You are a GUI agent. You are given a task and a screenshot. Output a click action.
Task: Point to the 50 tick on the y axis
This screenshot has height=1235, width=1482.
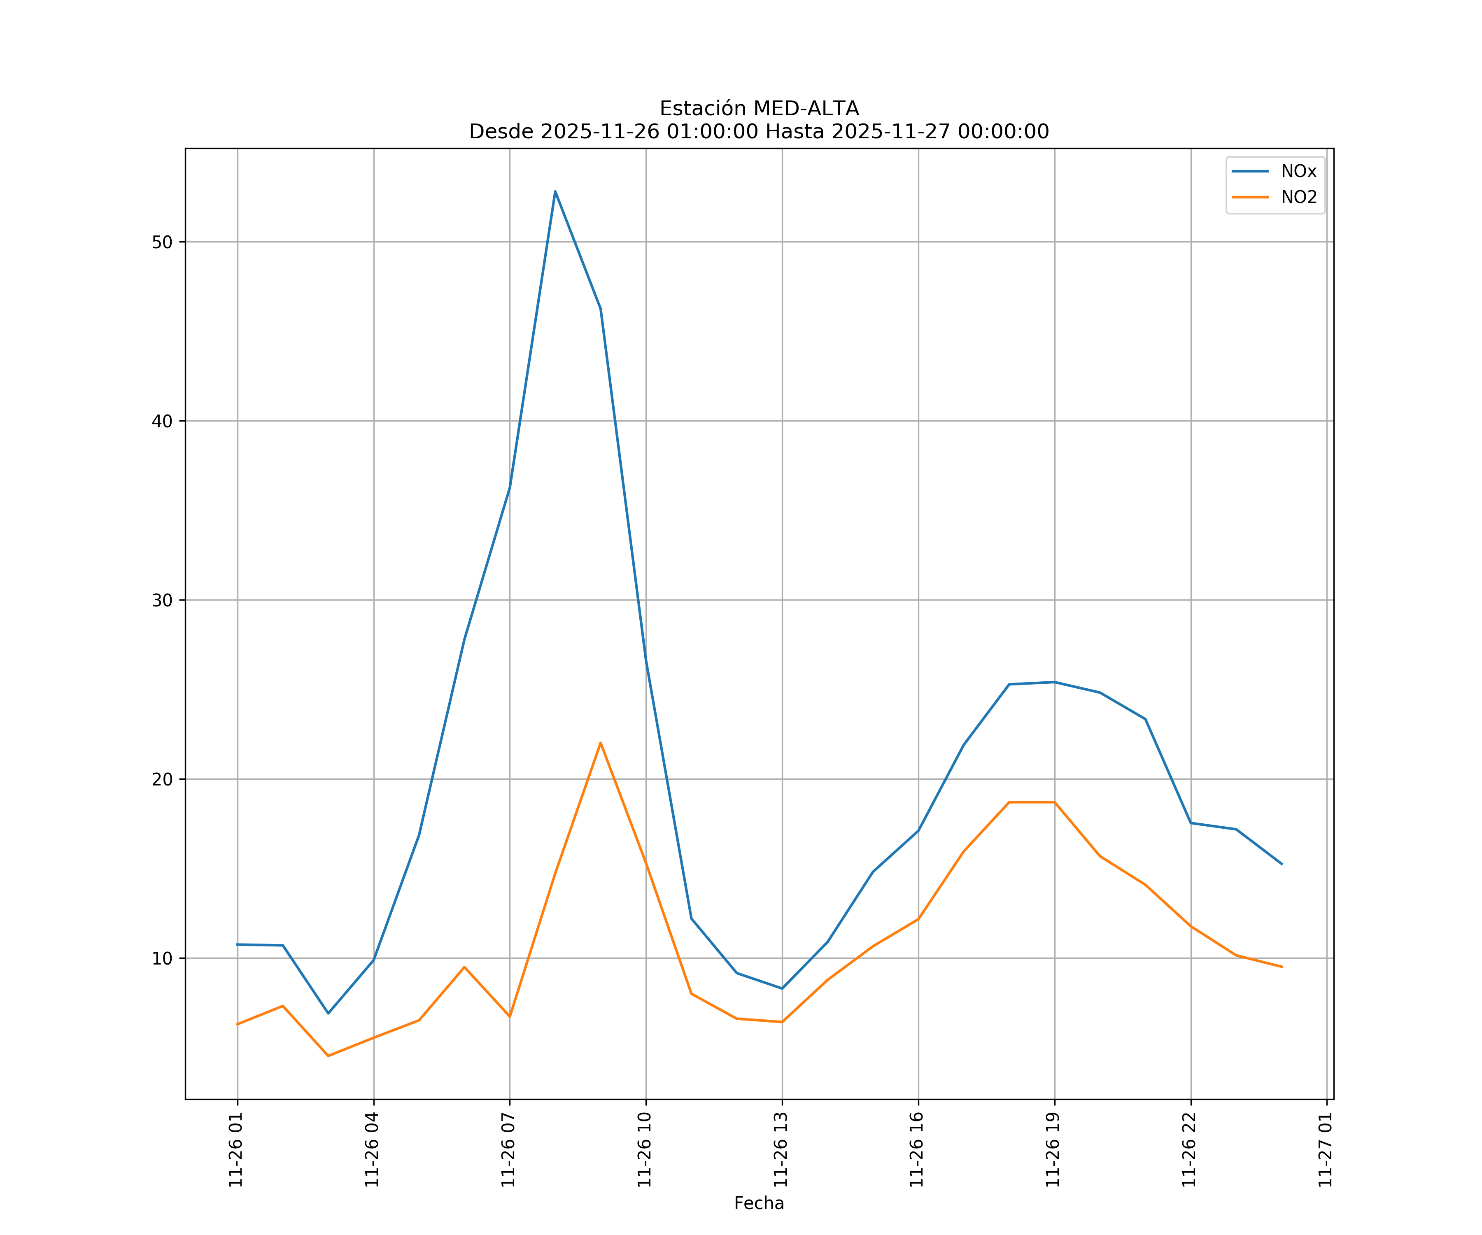coord(162,242)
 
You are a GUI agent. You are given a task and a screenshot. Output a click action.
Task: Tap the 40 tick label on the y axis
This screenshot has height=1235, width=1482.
coord(162,421)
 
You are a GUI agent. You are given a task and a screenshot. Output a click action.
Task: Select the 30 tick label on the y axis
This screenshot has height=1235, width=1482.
coord(162,601)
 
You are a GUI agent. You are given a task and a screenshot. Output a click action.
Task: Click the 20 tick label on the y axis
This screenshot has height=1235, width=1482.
coord(162,779)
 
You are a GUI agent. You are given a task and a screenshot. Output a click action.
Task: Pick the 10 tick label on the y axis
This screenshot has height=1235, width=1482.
coord(162,958)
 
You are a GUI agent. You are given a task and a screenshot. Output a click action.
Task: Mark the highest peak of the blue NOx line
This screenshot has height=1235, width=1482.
coord(555,191)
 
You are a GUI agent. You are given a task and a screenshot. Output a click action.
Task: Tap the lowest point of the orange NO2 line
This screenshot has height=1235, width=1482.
coord(328,1056)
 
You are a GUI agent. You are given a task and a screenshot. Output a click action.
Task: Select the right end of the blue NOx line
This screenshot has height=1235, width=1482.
coord(1282,864)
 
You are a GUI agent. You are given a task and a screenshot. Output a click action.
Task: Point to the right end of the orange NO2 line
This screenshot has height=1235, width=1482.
coord(1282,967)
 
